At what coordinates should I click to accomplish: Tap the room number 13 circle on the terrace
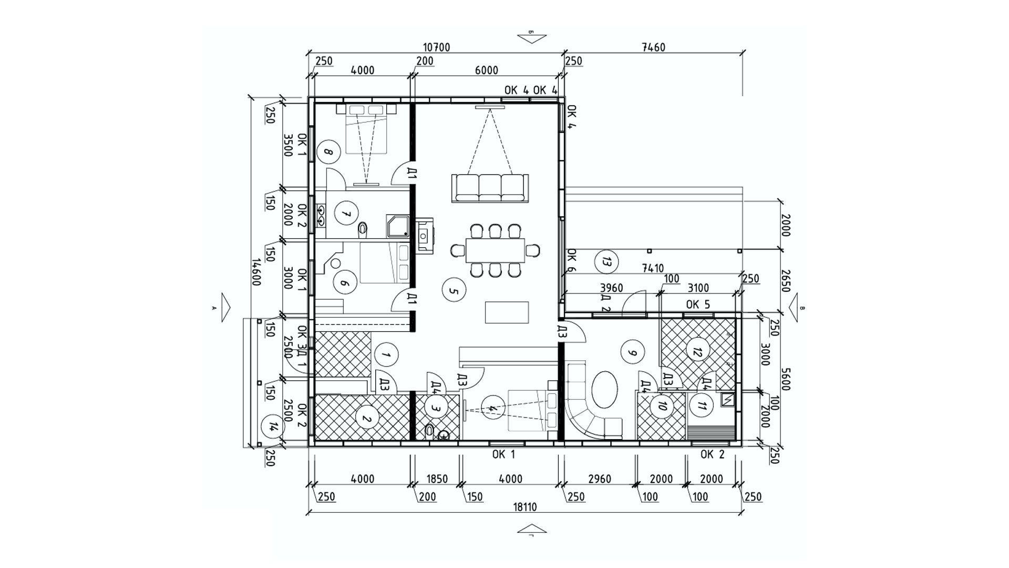[606, 261]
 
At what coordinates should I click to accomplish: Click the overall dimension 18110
[524, 507]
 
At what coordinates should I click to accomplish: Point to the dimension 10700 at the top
[436, 47]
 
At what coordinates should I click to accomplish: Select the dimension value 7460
[653, 47]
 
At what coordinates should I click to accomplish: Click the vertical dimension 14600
[256, 271]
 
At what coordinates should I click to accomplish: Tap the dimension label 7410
[652, 269]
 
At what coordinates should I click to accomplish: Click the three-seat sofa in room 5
[490, 188]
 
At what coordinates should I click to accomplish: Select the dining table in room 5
[495, 250]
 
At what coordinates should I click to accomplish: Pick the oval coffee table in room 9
[605, 389]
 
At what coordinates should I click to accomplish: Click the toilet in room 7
[362, 229]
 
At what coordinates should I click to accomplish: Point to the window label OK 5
[697, 305]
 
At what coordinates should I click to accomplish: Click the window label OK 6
[572, 261]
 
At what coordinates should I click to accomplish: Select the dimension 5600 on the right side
[785, 378]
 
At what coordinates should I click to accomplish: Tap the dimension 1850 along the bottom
[437, 479]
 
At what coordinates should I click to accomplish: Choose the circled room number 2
[367, 419]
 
